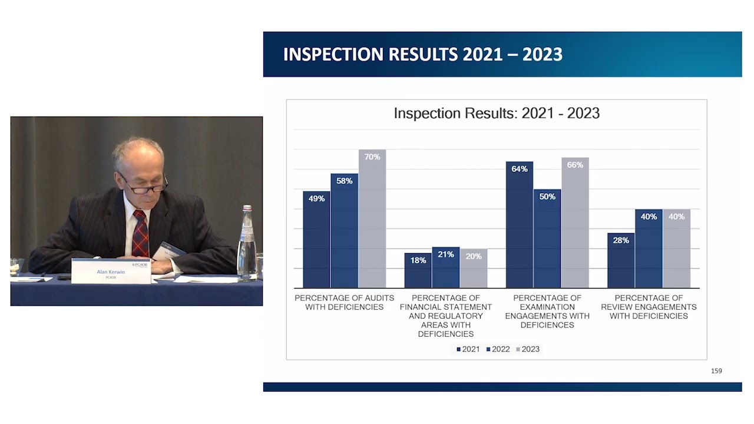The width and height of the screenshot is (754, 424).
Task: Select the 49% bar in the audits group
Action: click(316, 241)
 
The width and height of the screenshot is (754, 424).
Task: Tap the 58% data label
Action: click(345, 181)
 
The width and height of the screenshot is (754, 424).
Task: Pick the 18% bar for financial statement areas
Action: click(418, 272)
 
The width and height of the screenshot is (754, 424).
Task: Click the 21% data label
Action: click(446, 254)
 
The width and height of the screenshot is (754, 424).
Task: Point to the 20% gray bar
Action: click(474, 270)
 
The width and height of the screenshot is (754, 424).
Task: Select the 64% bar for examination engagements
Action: click(519, 227)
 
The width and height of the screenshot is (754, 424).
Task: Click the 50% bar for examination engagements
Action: click(547, 241)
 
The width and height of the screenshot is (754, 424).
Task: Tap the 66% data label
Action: click(575, 165)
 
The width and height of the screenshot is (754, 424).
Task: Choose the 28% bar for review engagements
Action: click(621, 262)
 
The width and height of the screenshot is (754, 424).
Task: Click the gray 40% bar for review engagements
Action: click(676, 250)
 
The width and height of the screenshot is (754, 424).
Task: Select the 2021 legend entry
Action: click(468, 349)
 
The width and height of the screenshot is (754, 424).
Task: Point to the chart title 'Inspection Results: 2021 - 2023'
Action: click(497, 113)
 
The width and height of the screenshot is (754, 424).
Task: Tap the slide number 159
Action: click(716, 371)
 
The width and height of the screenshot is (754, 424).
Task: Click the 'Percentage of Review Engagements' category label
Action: click(649, 307)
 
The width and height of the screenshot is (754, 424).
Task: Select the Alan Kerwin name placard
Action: click(111, 271)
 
